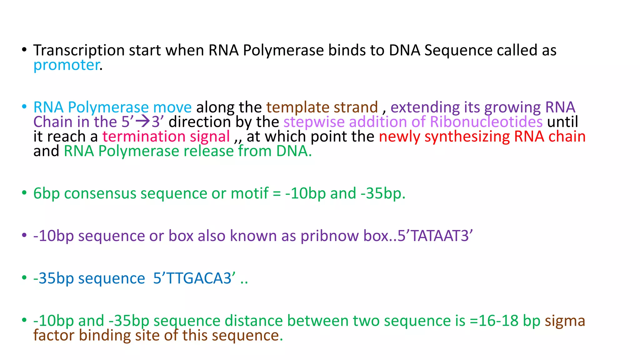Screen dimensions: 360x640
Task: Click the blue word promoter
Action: coord(67,65)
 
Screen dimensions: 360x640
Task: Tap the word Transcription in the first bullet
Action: coord(79,50)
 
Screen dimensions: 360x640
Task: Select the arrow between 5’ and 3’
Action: coord(143,121)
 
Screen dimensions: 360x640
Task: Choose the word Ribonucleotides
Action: coord(486,122)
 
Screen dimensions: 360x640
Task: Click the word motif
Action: coord(249,193)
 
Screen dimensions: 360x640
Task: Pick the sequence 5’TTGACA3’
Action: coord(194,278)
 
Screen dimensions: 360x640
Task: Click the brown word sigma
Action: coord(565,321)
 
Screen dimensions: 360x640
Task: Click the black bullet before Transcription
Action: coord(24,50)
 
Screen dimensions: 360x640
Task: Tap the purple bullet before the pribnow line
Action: coord(24,235)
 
